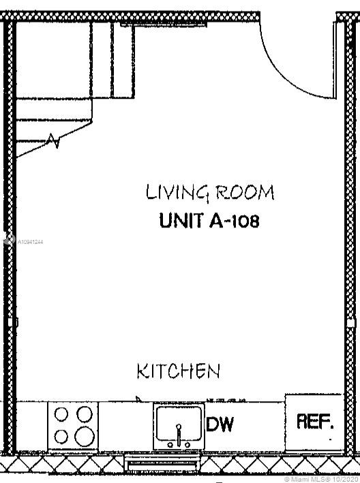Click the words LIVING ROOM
[x=210, y=193]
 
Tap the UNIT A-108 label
[x=209, y=221]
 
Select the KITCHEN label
[x=179, y=371]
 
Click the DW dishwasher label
[x=220, y=424]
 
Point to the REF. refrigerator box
[x=314, y=422]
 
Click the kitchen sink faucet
[x=179, y=435]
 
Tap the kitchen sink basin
[x=179, y=423]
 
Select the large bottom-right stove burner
[x=85, y=436]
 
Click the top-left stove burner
[x=61, y=414]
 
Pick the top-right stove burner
[x=85, y=414]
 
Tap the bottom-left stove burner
[x=61, y=437]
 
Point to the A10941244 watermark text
[x=30, y=242]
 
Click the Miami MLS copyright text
[x=321, y=480]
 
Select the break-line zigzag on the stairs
[x=53, y=141]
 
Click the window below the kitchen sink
[x=162, y=462]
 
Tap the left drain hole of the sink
[x=170, y=444]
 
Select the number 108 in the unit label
[x=245, y=221]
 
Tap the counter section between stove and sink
[x=125, y=426]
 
